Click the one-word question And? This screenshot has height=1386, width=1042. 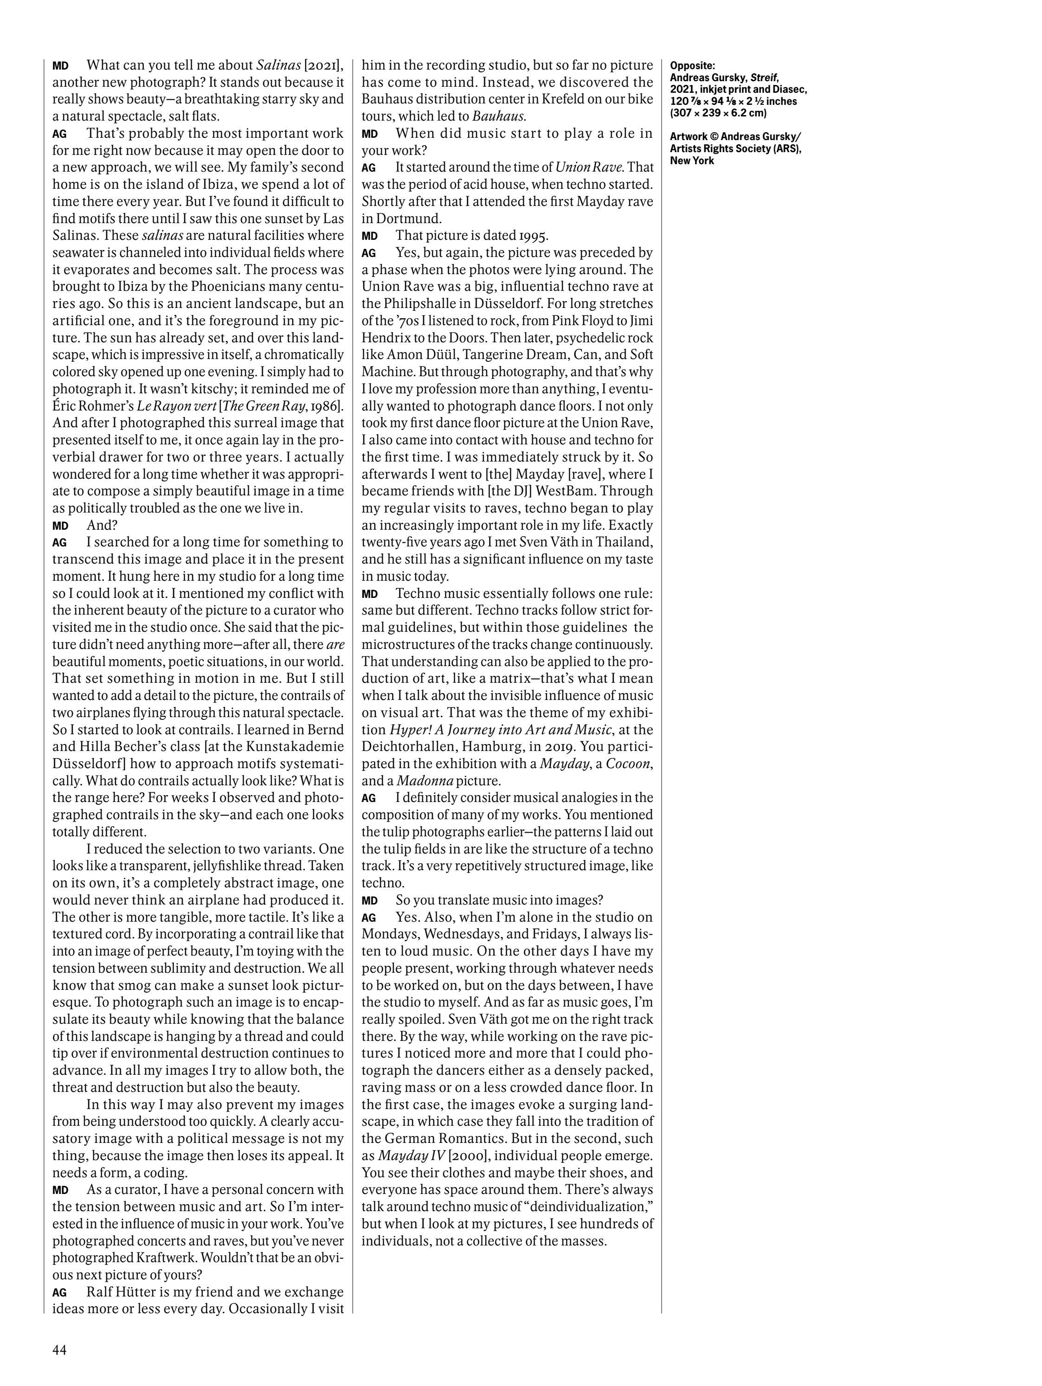pyautogui.click(x=102, y=525)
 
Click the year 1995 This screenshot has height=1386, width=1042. pyautogui.click(x=530, y=236)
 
